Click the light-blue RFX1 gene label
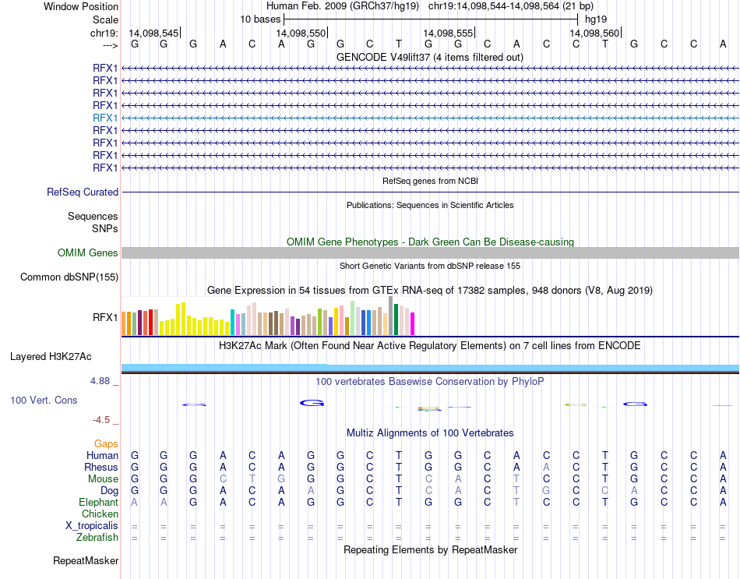[105, 118]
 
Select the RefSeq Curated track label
[83, 192]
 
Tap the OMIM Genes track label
[88, 252]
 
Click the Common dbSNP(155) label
[69, 277]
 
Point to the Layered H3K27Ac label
[51, 357]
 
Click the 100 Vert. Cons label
[44, 400]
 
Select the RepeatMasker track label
[86, 560]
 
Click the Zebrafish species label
[97, 538]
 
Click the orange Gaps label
[106, 443]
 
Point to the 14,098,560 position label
[594, 33]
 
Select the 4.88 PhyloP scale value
[104, 381]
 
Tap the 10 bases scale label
[260, 19]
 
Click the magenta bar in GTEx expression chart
[413, 323]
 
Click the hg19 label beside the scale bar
[596, 19]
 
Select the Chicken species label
[100, 514]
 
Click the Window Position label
[81, 6]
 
